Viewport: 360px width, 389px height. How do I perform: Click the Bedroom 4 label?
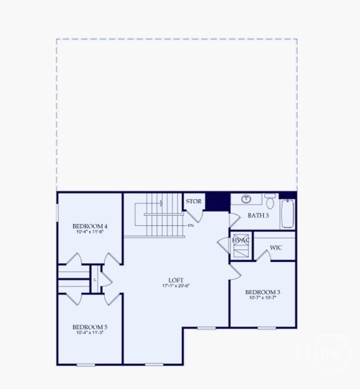click(88, 226)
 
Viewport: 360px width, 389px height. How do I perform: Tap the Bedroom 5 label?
click(88, 327)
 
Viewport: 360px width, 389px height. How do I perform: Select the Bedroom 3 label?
click(263, 292)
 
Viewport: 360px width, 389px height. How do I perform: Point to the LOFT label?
click(176, 280)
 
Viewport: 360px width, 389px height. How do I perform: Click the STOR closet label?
click(194, 202)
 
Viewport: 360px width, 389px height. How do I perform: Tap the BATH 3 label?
click(258, 216)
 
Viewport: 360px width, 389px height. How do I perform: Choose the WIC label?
click(276, 248)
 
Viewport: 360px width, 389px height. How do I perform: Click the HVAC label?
click(241, 240)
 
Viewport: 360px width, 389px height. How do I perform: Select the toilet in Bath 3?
click(270, 201)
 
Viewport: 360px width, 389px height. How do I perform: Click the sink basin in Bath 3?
click(246, 199)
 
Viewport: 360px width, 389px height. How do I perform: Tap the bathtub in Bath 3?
click(288, 213)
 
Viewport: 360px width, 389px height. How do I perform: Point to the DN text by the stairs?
click(191, 225)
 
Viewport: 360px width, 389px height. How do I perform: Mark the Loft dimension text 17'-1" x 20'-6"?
click(176, 285)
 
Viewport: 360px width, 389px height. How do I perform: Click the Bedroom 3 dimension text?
click(263, 298)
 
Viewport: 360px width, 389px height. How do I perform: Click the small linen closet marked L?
click(95, 280)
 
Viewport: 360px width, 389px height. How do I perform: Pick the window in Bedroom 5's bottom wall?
click(86, 365)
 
